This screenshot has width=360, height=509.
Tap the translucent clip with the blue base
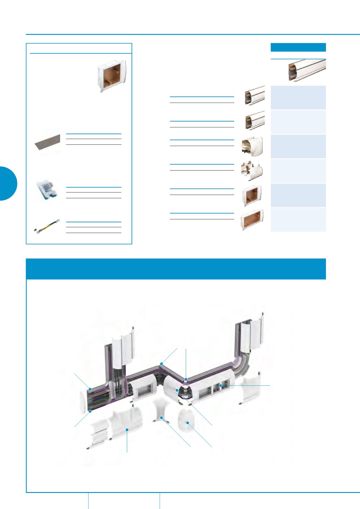point(46,191)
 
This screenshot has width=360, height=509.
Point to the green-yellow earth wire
point(47,226)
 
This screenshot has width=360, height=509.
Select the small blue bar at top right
point(298,47)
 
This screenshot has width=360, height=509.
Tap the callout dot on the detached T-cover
point(127,430)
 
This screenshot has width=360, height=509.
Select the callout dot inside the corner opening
point(177,390)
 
